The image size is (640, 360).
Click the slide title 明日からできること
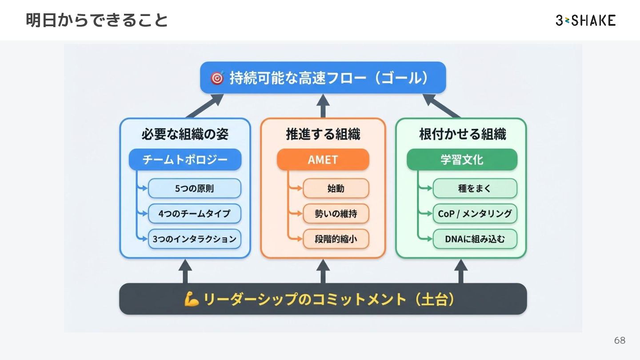(x=97, y=20)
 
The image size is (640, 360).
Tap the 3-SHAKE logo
(x=585, y=20)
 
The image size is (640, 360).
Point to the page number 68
(x=620, y=340)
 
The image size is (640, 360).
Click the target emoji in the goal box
(x=217, y=78)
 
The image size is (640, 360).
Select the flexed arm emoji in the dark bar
(x=192, y=299)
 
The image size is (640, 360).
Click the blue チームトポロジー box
(x=185, y=160)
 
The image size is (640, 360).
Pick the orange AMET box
(x=323, y=160)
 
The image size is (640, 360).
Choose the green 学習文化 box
(x=462, y=160)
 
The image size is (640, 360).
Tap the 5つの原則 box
(x=194, y=188)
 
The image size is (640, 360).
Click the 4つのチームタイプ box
(x=194, y=214)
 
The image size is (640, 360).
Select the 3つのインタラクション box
(x=194, y=239)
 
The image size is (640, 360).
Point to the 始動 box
(x=336, y=188)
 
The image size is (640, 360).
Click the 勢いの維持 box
(x=336, y=214)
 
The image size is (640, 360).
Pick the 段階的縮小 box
(x=336, y=239)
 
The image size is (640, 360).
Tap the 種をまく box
(x=475, y=188)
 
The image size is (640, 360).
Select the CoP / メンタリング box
(x=475, y=214)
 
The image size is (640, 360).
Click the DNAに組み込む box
(x=475, y=239)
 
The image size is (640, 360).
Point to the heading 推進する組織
(x=323, y=134)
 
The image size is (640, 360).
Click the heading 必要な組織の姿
(x=185, y=134)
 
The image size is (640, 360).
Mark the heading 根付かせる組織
(x=462, y=134)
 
